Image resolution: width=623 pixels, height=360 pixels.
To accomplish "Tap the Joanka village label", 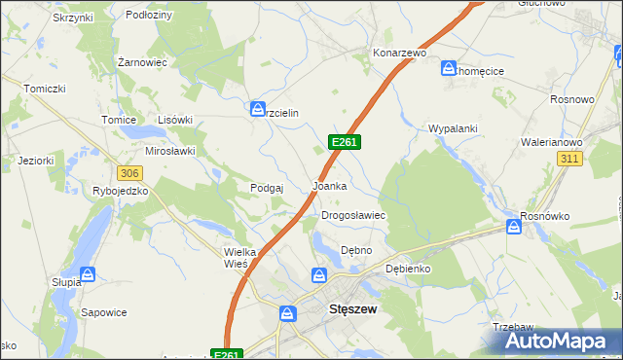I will point(329,185).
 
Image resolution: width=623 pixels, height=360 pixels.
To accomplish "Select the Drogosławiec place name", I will point(354,215).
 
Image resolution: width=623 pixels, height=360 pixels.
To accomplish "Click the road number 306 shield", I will point(129,172).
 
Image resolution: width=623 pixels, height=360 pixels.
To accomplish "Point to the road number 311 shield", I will point(570,159).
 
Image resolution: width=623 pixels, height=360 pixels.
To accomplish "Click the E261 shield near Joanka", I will point(346,142).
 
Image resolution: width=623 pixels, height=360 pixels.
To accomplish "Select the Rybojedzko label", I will point(121,192).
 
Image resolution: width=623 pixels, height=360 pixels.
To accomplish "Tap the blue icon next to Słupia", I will point(88,275).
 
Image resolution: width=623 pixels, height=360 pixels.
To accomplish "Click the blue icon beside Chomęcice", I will point(449,69).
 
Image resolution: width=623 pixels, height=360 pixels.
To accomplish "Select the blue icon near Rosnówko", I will point(513,228).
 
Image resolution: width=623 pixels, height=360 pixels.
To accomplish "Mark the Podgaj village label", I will point(266,188).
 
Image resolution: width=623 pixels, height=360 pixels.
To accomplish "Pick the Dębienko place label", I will point(408,268).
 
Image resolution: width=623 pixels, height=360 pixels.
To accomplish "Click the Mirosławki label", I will point(170,151).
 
